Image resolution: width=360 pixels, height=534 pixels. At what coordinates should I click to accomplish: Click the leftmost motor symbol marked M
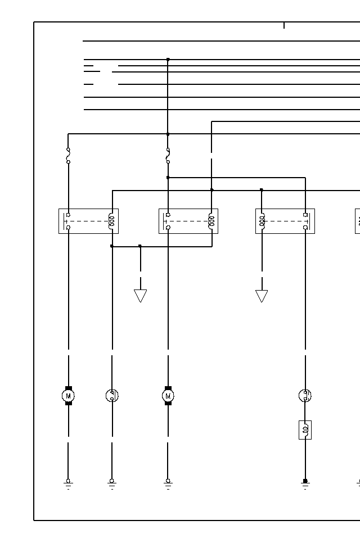[x=69, y=396]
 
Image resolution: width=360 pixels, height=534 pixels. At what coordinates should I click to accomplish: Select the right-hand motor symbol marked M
[x=168, y=396]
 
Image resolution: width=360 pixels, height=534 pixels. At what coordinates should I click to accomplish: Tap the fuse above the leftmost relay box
[x=69, y=156]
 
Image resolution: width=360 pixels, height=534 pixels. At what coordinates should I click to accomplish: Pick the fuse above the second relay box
[x=168, y=156]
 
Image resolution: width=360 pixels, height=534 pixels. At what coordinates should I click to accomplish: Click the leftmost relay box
[x=88, y=221]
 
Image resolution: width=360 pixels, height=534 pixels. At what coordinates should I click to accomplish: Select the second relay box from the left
[x=188, y=221]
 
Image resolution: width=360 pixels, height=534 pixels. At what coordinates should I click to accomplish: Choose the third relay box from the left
[x=285, y=221]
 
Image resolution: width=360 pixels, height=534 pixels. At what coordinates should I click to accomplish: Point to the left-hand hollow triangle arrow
[x=141, y=296]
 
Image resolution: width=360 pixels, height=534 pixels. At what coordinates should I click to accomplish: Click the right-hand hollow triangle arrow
[x=262, y=296]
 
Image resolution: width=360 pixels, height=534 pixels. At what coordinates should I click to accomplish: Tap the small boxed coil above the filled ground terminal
[x=305, y=430]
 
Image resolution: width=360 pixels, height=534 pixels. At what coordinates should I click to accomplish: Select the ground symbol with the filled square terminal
[x=305, y=483]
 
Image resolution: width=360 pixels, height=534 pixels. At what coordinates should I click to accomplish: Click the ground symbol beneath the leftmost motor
[x=69, y=483]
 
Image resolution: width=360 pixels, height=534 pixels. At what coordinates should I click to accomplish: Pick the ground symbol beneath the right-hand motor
[x=168, y=483]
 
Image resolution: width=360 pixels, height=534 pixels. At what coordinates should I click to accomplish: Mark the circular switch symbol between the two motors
[x=112, y=396]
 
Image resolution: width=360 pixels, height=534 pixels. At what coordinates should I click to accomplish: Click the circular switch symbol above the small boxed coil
[x=305, y=396]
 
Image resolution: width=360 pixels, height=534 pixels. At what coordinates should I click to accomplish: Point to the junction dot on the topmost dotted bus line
[x=168, y=59]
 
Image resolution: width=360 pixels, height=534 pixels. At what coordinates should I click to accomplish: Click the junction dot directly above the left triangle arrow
[x=140, y=246]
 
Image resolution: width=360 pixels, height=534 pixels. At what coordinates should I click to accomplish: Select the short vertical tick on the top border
[x=284, y=25]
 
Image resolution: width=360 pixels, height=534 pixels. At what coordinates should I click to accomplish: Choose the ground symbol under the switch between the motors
[x=112, y=483]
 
